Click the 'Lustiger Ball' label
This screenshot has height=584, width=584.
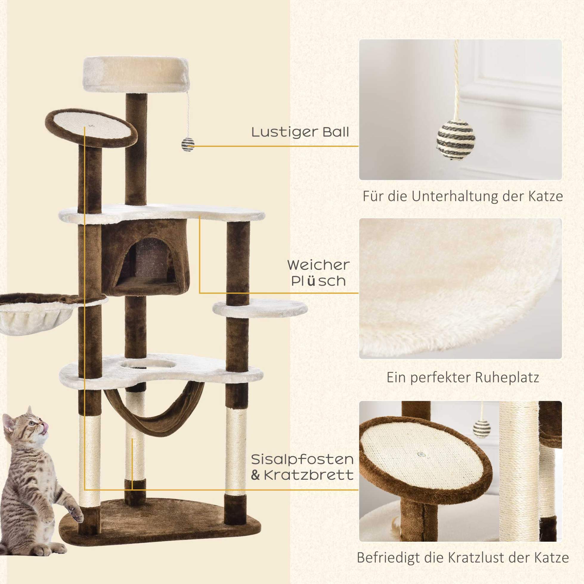[300, 132]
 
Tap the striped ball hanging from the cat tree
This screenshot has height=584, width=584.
[188, 145]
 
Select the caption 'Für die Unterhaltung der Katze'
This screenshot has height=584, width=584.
[463, 196]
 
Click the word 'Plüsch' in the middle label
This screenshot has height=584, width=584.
[318, 281]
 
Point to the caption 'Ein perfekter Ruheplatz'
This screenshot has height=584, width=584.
[463, 377]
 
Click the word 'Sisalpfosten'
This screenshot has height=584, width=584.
[302, 468]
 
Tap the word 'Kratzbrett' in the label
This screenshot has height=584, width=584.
[309, 484]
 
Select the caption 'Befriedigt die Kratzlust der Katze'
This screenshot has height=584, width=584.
[463, 557]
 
